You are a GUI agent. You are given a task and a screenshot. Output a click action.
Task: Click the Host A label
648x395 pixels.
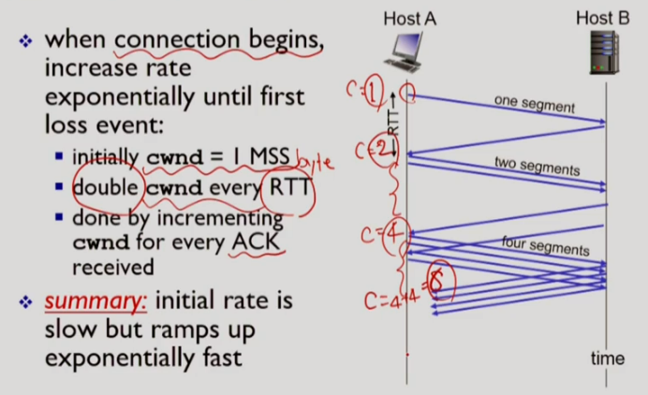[409, 19]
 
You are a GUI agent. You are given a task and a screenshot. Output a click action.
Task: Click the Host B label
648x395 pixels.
[602, 18]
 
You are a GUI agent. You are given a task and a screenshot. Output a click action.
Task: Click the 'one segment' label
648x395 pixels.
[534, 103]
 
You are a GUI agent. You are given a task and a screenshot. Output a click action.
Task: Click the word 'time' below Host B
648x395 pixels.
[608, 358]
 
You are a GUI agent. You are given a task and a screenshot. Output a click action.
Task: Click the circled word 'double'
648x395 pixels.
[108, 186]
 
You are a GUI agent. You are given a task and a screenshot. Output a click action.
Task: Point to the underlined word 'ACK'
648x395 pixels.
[257, 243]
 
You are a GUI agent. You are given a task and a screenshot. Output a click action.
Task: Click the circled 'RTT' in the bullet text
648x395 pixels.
[287, 186]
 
